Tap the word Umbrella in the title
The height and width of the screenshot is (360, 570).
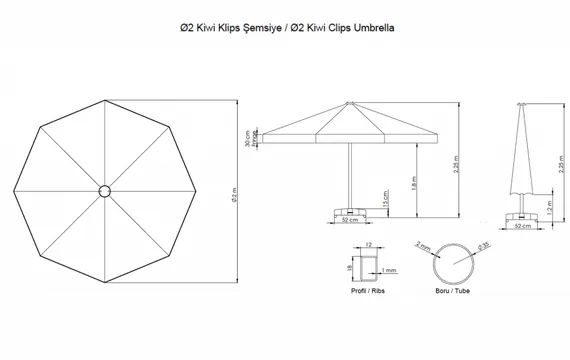(372, 29)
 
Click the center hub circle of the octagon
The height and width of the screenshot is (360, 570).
(105, 189)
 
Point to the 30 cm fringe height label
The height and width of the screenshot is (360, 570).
(248, 140)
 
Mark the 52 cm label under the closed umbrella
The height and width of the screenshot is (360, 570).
(520, 228)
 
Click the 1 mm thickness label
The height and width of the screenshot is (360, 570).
(388, 270)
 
